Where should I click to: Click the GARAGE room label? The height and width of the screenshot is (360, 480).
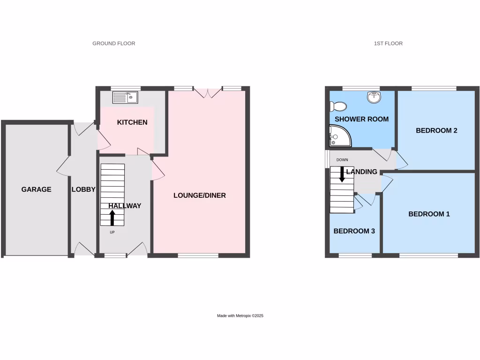coord(36,189)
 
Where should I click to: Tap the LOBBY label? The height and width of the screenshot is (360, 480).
coord(83,189)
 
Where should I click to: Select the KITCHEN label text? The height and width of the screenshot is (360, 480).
coord(132,122)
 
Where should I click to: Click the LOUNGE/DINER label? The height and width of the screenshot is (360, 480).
coord(200,195)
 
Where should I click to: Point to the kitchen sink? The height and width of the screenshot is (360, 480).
coord(125,97)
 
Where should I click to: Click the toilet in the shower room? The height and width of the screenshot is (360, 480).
coord(337,106)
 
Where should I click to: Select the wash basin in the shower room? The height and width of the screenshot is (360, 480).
coord(375,97)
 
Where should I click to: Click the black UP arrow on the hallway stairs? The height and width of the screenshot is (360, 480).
coord(112,218)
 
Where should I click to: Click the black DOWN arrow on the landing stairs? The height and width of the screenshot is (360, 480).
coord(342,174)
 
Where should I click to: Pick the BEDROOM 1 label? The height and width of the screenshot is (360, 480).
coord(429,214)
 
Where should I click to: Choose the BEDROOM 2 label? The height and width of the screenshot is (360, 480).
coord(436,131)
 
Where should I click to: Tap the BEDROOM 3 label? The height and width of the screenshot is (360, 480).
coord(354,231)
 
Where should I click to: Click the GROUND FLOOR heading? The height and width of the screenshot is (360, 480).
coord(114,44)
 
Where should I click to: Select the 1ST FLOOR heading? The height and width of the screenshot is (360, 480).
coord(388,44)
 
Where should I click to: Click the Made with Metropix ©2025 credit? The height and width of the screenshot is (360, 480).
coord(240,316)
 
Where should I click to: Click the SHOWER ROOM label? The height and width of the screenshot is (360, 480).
coord(361,119)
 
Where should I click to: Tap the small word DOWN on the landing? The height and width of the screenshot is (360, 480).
coord(342,160)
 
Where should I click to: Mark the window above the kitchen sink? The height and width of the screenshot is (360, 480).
coord(125,88)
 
